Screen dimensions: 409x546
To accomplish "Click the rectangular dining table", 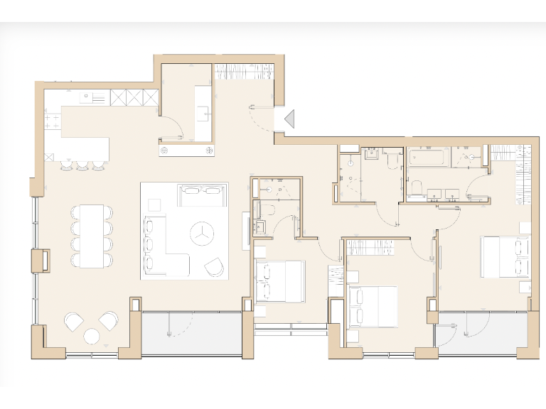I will point(91,236).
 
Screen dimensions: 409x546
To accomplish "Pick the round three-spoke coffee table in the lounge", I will point(204,233).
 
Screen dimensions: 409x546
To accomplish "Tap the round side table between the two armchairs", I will point(92,335).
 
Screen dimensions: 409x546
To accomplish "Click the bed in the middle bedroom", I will point(373,306).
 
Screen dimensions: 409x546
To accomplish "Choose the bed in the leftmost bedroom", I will point(280,282).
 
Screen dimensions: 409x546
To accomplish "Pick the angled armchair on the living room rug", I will point(214,266).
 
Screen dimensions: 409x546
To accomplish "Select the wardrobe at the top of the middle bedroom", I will point(369,248).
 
